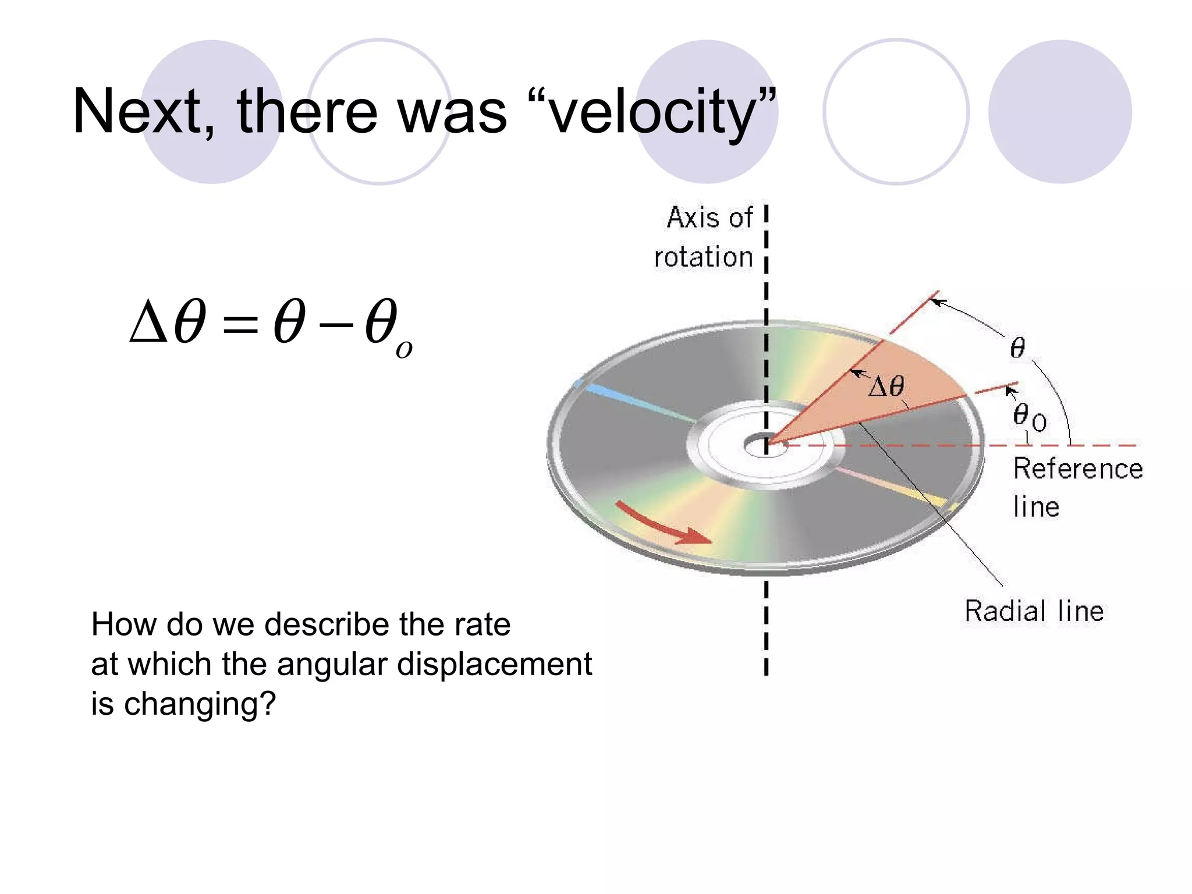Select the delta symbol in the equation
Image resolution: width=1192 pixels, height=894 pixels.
(x=148, y=322)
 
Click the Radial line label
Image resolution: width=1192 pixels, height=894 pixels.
(x=1034, y=612)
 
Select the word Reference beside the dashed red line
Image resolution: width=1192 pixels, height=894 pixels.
(x=1078, y=469)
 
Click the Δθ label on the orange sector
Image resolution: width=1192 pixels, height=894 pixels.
(x=886, y=386)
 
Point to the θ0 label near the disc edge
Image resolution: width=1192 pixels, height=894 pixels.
(x=1029, y=417)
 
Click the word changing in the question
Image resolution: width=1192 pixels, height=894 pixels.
(x=200, y=704)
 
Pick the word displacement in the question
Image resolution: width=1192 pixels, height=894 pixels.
(x=494, y=665)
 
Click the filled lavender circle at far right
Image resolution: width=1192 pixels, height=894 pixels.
(x=1059, y=112)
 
